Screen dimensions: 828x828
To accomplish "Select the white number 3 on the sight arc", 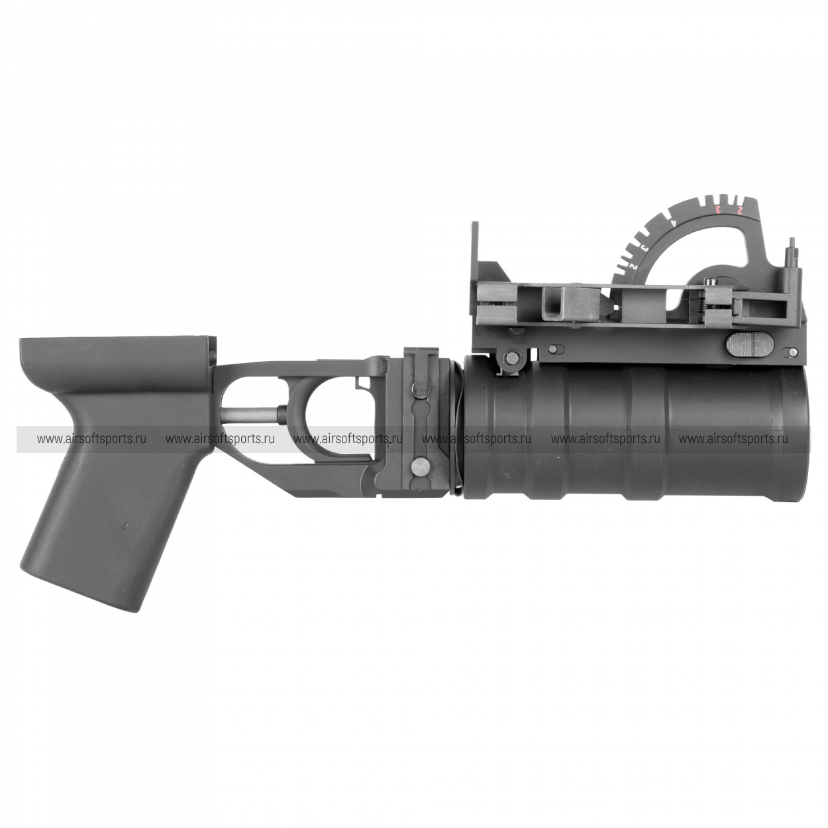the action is point(645,248).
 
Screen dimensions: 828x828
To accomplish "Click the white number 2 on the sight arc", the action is point(633,267).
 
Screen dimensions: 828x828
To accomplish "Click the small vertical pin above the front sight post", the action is point(791,247).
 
